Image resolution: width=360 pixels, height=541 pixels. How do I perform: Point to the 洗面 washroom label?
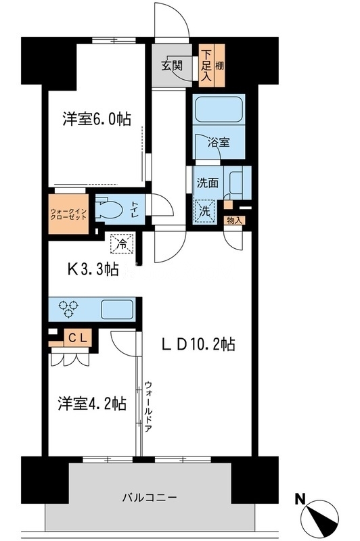[x=207, y=182]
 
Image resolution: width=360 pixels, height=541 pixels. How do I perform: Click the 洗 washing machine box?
[x=204, y=210]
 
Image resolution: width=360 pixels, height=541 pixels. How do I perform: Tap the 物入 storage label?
[x=234, y=220]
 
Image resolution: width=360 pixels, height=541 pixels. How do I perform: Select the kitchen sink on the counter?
[x=116, y=309]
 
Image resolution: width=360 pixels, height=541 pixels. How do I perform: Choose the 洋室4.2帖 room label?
[x=91, y=404]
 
